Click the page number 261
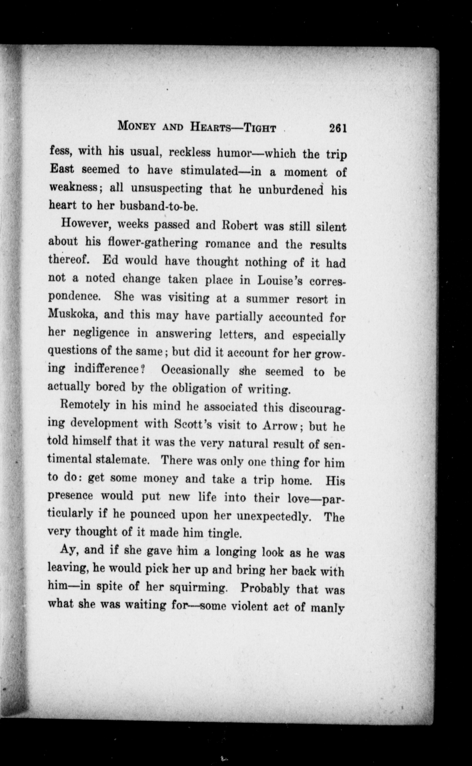338,128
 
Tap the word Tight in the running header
260,128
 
